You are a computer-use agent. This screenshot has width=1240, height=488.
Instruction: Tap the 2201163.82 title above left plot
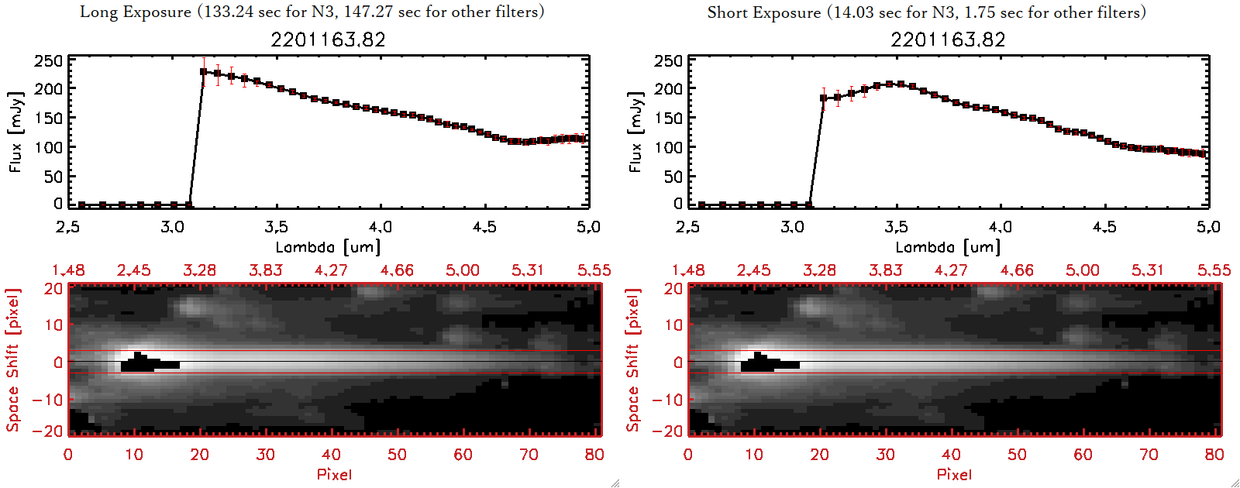coord(328,40)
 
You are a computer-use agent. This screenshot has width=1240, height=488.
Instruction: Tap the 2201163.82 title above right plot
coord(948,40)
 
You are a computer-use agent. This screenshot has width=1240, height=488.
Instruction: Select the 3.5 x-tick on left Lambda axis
coord(276,227)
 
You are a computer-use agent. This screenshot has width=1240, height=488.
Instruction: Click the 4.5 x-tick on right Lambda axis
coord(1104,227)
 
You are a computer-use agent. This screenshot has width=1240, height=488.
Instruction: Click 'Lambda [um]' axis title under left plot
coord(328,247)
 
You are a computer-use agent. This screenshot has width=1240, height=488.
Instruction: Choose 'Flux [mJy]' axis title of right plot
coord(635,132)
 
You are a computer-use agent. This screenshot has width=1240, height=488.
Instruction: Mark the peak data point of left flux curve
coord(203,72)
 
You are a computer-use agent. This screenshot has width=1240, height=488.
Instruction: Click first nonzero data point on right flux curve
coord(823,98)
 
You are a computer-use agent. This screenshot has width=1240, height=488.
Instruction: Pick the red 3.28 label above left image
coord(199,270)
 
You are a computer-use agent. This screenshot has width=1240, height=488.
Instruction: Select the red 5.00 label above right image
coord(1082,270)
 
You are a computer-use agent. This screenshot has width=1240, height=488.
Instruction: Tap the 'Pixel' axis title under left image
coord(334,474)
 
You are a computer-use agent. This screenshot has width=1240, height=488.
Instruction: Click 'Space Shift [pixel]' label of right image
coord(633,360)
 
